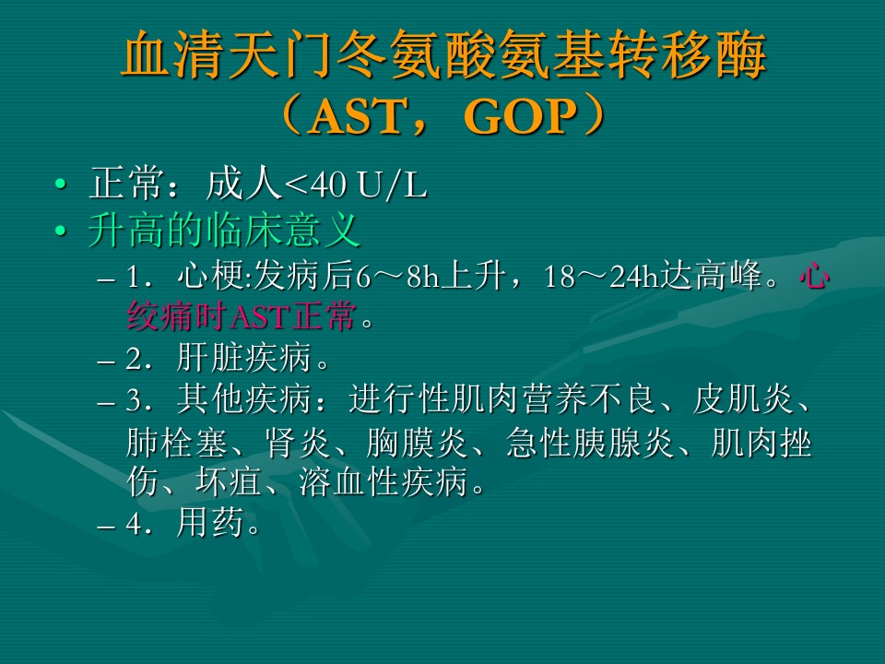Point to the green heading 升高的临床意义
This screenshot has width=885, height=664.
[225, 231]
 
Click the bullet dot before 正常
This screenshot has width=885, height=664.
[61, 184]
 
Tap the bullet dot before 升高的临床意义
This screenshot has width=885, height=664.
[61, 231]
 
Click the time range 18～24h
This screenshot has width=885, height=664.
[602, 276]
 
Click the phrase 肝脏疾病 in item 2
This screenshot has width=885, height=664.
[243, 358]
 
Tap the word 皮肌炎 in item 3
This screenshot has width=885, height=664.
[743, 399]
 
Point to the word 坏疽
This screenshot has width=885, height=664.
[228, 481]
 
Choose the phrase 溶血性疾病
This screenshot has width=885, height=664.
[383, 481]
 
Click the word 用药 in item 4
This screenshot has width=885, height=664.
[210, 523]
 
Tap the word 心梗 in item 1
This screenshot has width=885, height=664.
[210, 276]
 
